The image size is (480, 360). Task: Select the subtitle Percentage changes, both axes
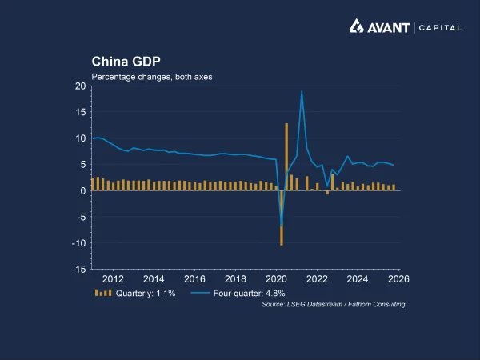[x=151, y=76]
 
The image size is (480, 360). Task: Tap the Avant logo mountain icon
[x=358, y=26]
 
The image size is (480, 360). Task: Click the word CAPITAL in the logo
[x=440, y=27]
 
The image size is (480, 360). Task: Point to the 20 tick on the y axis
[x=79, y=86]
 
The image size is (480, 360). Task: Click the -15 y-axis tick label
[x=78, y=270]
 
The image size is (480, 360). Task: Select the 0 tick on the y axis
[x=82, y=191]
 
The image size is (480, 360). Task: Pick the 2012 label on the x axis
[x=113, y=279]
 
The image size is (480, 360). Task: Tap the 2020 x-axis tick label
[x=276, y=279]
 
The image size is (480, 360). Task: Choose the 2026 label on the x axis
[x=398, y=279]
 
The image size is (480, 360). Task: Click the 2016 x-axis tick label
[x=194, y=279]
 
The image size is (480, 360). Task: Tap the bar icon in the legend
[x=103, y=294]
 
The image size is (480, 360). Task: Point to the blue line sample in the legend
[x=202, y=294]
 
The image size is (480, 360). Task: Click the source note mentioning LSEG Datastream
[x=334, y=305]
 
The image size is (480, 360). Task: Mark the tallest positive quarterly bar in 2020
[x=286, y=157]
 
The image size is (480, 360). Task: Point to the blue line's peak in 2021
[x=302, y=91]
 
